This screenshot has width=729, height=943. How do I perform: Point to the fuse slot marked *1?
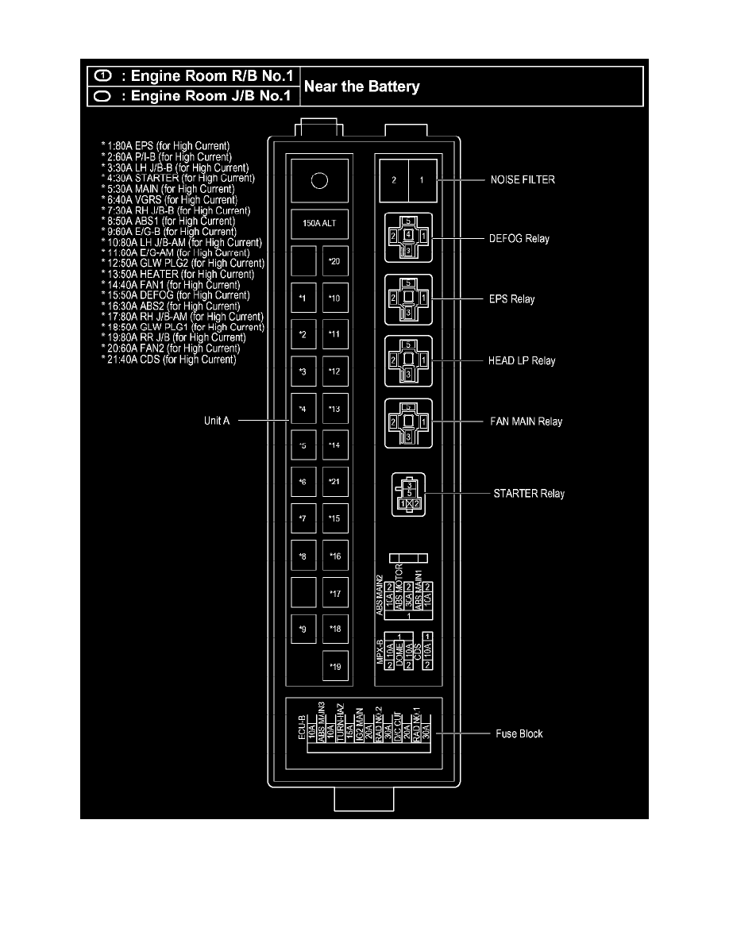pyautogui.click(x=303, y=298)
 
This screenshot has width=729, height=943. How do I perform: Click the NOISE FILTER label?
pyautogui.click(x=522, y=180)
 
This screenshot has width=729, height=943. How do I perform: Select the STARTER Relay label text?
pyautogui.click(x=530, y=494)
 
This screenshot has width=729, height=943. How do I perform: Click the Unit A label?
pyautogui.click(x=217, y=421)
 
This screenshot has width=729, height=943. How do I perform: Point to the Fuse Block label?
pyautogui.click(x=520, y=734)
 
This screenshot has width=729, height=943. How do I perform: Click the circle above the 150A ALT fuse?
pyautogui.click(x=318, y=182)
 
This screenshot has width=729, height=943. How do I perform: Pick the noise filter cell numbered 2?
pyautogui.click(x=394, y=180)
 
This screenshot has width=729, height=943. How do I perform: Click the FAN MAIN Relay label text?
pyautogui.click(x=526, y=421)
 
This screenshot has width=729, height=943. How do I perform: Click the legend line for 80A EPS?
pyautogui.click(x=165, y=146)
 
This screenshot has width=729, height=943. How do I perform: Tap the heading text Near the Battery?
pyautogui.click(x=361, y=87)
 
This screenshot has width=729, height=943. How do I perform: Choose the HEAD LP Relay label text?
pyautogui.click(x=522, y=360)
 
